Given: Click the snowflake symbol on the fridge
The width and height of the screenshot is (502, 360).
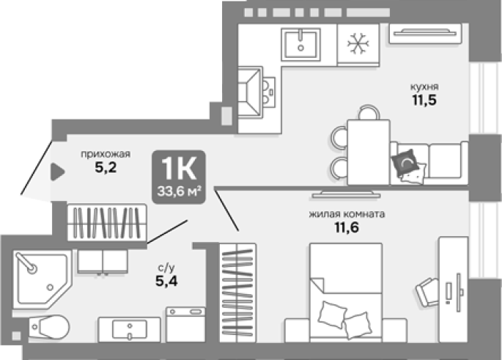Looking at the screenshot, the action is click(358, 43).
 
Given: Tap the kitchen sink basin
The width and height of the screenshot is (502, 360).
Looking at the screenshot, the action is click(300, 45).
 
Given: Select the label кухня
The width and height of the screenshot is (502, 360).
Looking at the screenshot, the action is click(424, 87).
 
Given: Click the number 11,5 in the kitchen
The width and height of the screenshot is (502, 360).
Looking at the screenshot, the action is click(424, 100).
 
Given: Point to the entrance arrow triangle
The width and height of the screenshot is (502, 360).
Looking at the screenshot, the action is click(57, 172).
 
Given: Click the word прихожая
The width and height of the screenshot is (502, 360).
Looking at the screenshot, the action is click(106, 154).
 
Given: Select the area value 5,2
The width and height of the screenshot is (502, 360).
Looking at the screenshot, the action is click(106, 167).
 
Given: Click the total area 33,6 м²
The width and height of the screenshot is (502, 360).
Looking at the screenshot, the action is click(179, 191).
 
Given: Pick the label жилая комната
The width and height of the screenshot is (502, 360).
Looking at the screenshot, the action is click(347, 214).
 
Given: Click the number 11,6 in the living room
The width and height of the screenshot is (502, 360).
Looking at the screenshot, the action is click(347, 227).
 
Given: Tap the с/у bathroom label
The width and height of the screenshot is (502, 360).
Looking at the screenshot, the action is click(166, 267).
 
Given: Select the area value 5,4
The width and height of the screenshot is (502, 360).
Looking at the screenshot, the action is click(166, 281).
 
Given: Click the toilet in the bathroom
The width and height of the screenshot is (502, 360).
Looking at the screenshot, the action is click(49, 327).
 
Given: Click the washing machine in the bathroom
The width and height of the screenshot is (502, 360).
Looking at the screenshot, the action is click(185, 325).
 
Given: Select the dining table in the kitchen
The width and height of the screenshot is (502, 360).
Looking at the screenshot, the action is click(369, 152).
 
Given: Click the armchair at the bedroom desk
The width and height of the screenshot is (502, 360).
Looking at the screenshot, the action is click(427, 293).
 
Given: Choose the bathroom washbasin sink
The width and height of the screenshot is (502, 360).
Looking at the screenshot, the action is click(129, 330).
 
